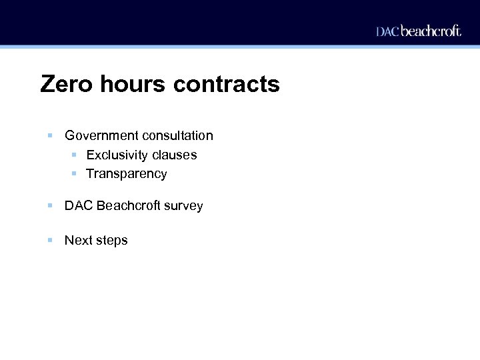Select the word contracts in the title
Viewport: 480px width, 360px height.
(227, 85)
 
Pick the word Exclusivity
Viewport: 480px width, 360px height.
(117, 155)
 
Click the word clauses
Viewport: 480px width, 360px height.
(175, 155)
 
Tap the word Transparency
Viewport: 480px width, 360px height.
(127, 174)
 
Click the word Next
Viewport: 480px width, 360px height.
(78, 240)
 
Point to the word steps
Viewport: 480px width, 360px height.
(111, 241)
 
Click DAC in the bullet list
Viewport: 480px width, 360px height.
(79, 206)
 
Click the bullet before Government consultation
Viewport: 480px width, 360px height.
(50, 136)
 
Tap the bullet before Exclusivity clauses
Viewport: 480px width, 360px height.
(75, 155)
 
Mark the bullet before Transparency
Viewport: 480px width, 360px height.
(75, 174)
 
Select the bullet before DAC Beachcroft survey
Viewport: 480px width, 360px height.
(50, 206)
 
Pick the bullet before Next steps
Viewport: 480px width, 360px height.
(50, 240)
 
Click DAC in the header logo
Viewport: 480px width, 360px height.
(387, 31)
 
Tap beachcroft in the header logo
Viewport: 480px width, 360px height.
(431, 31)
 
